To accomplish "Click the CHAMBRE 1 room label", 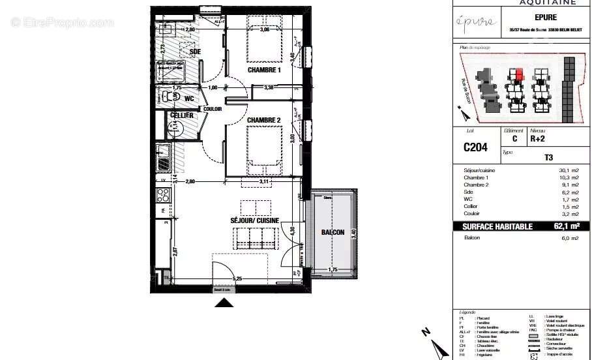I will pyautogui.click(x=263, y=70).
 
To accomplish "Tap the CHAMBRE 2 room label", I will pyautogui.click(x=263, y=120).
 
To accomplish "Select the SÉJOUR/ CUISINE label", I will pyautogui.click(x=254, y=220).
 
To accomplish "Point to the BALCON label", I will pyautogui.click(x=333, y=232).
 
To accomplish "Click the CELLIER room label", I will pyautogui.click(x=181, y=115).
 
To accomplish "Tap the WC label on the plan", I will pyautogui.click(x=189, y=98).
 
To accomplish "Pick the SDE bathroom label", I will pyautogui.click(x=195, y=52).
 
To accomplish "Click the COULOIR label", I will pyautogui.click(x=213, y=109).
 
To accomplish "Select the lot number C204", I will pyautogui.click(x=475, y=147).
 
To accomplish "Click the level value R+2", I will pyautogui.click(x=538, y=139).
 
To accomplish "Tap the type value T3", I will pyautogui.click(x=548, y=157).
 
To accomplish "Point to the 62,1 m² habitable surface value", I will pyautogui.click(x=566, y=226).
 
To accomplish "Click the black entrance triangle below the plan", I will pyautogui.click(x=224, y=302).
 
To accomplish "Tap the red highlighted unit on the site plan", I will pyautogui.click(x=520, y=75).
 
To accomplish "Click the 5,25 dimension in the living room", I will pyautogui.click(x=240, y=279).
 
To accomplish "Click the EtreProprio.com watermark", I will pyautogui.click(x=62, y=22).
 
